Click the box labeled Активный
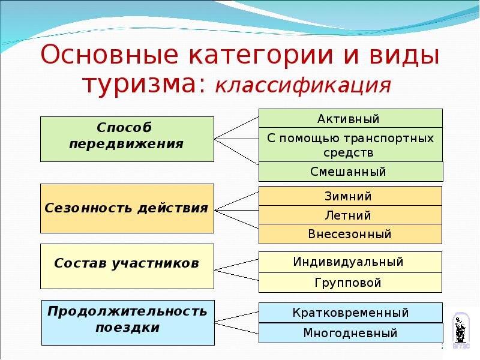(x=350, y=118)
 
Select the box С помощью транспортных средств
(x=350, y=145)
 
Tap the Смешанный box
(x=350, y=172)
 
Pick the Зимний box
(x=350, y=196)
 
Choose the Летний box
(x=350, y=215)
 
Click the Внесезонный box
(x=350, y=234)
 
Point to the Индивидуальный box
(x=350, y=262)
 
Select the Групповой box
(x=350, y=283)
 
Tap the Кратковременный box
(x=350, y=313)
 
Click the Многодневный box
(x=350, y=332)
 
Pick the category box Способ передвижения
(x=127, y=139)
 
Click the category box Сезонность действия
(x=127, y=208)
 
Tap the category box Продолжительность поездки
(x=127, y=322)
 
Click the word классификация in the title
(x=303, y=85)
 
